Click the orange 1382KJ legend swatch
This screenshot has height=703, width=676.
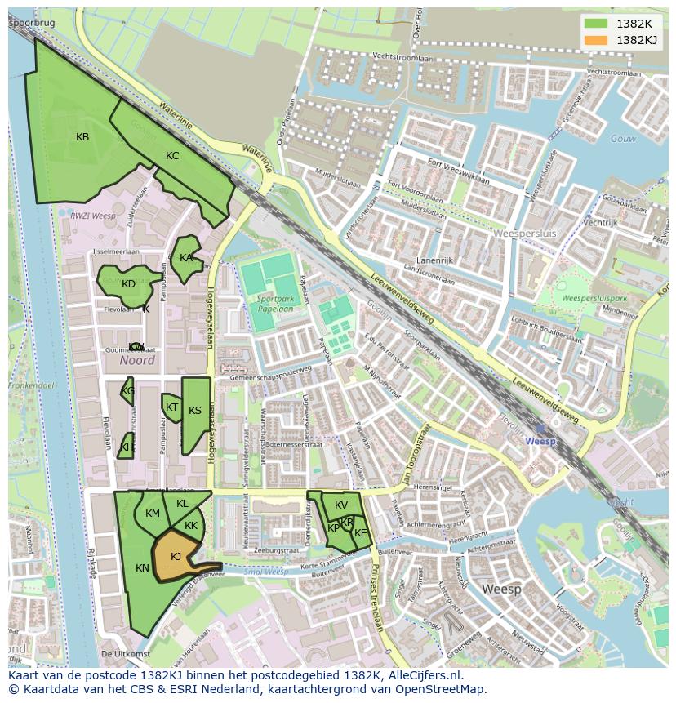pos(596,40)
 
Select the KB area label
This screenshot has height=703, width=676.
pos(82,137)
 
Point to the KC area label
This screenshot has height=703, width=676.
pos(172,156)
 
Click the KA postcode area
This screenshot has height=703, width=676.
pos(186,258)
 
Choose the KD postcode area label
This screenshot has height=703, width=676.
pos(128,284)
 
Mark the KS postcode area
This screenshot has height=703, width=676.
pos(195,411)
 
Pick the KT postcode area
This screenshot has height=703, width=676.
pos(171,407)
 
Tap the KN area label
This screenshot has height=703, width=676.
pos(142,568)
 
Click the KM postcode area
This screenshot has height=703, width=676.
pos(153,514)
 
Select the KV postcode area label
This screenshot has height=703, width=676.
pos(341,505)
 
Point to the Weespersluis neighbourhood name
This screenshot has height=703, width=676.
pos(525,234)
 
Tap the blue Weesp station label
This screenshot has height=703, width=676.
pos(540,441)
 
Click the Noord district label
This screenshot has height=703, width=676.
pos(136,360)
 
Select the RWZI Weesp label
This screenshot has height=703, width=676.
pos(92,216)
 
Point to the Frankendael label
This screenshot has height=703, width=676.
pos(30,383)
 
